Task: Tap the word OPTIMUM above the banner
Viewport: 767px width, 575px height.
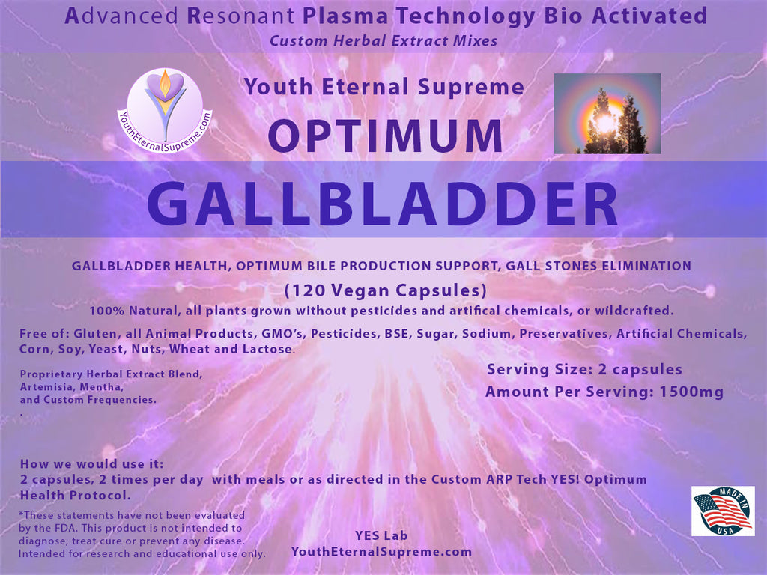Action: coord(386,136)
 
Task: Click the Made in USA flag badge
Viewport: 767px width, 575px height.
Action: coord(723,511)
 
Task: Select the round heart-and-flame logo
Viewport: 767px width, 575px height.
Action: coord(166,110)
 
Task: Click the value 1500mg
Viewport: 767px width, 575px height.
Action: coord(691,392)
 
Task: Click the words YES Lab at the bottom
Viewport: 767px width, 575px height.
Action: coord(381,535)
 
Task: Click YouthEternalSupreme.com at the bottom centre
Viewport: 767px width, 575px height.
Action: coord(381,552)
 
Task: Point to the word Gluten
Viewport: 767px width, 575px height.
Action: coord(95,334)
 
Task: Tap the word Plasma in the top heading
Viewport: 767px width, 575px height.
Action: coord(345,16)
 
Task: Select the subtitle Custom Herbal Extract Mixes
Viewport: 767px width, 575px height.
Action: coord(383,40)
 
